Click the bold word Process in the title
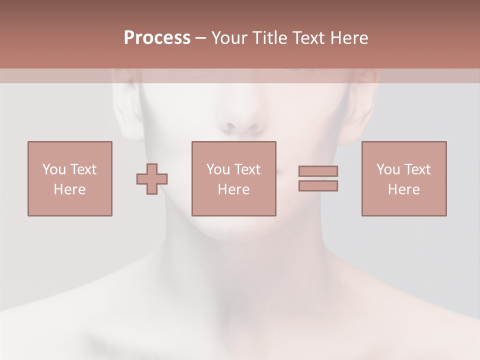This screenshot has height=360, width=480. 157,38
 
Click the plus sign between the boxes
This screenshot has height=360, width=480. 152,179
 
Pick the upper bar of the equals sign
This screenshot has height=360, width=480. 318,171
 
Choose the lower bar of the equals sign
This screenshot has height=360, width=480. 318,185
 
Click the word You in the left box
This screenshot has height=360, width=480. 54,169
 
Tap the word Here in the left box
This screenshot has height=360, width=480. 69,189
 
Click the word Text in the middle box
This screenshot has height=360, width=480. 246,169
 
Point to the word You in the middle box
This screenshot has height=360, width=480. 218,169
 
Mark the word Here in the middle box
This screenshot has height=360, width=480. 233,189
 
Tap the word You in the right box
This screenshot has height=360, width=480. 388,169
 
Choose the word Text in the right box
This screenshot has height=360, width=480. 416,169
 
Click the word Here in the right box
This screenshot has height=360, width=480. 403,189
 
